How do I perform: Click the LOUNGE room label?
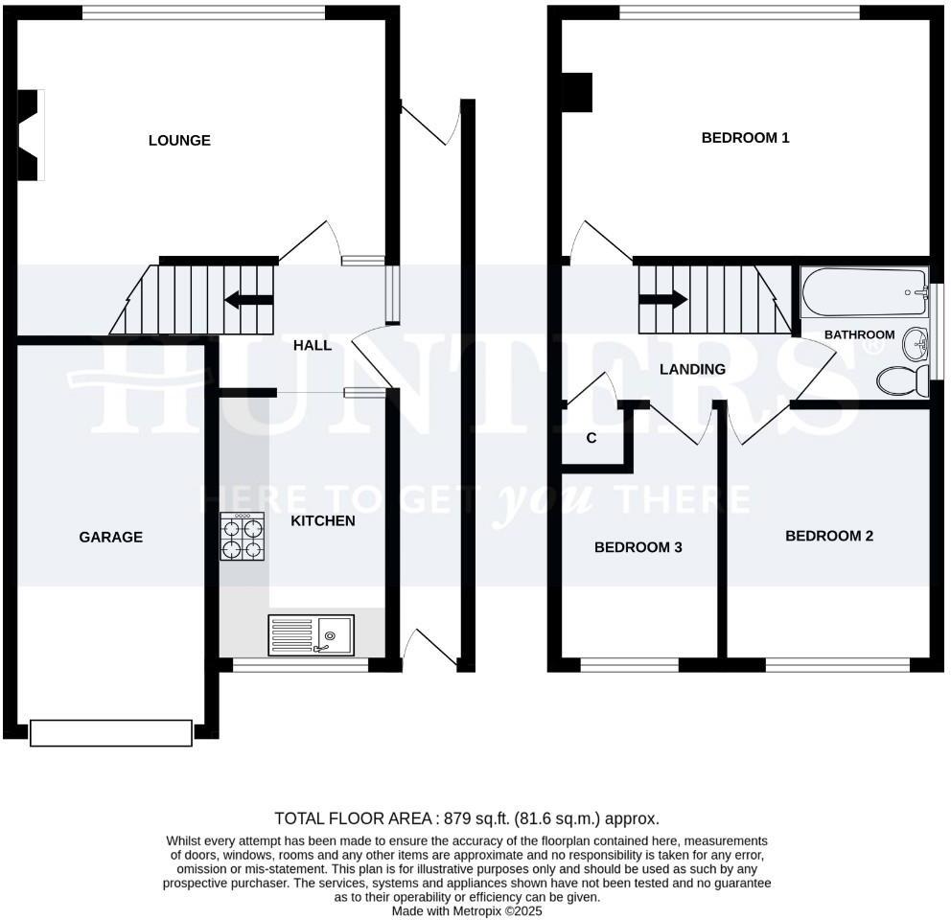[x=179, y=141]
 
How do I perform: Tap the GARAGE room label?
[x=110, y=538]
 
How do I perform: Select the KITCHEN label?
[x=323, y=521]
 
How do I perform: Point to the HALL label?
[x=313, y=345]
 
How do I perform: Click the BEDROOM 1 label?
[x=745, y=138]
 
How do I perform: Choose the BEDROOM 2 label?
[x=829, y=537]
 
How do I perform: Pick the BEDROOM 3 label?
[x=638, y=548]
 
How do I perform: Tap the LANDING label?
[x=692, y=369]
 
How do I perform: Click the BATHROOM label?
[x=860, y=335]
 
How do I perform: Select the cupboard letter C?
[x=591, y=439]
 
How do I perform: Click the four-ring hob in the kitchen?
[x=243, y=538]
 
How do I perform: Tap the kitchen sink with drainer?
[x=312, y=634]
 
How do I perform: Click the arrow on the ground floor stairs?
[x=246, y=301]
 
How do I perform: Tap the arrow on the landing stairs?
[x=663, y=299]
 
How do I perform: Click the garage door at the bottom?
[x=111, y=733]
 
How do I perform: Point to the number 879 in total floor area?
[x=456, y=818]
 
